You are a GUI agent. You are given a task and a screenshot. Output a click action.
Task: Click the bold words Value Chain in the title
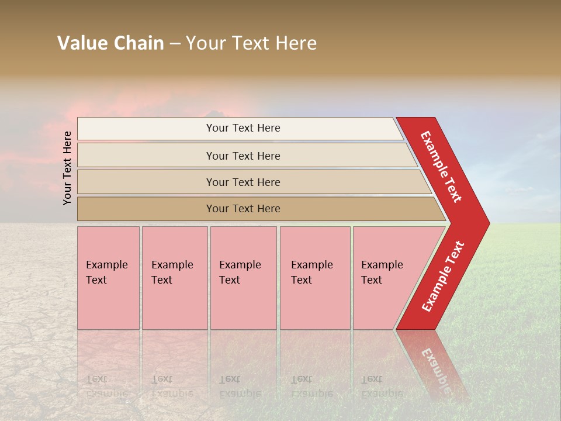click(110, 43)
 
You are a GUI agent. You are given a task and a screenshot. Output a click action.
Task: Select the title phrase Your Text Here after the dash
click(251, 43)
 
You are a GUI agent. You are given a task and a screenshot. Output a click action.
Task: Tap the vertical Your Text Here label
click(67, 168)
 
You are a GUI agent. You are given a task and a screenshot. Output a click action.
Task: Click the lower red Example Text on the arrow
click(442, 276)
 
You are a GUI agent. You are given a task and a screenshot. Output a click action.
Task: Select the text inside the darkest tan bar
click(243, 209)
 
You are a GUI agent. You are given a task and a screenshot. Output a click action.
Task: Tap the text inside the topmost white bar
click(243, 128)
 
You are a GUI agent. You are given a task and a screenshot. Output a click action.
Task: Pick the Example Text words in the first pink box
click(106, 272)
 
